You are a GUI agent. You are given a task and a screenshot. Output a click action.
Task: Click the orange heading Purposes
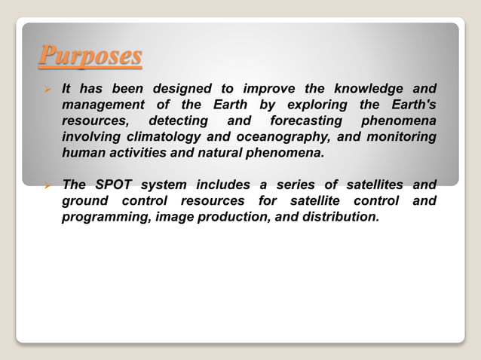coord(90,55)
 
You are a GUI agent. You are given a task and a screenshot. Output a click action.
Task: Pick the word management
coord(103,105)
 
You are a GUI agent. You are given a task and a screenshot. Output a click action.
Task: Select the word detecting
coord(178,121)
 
